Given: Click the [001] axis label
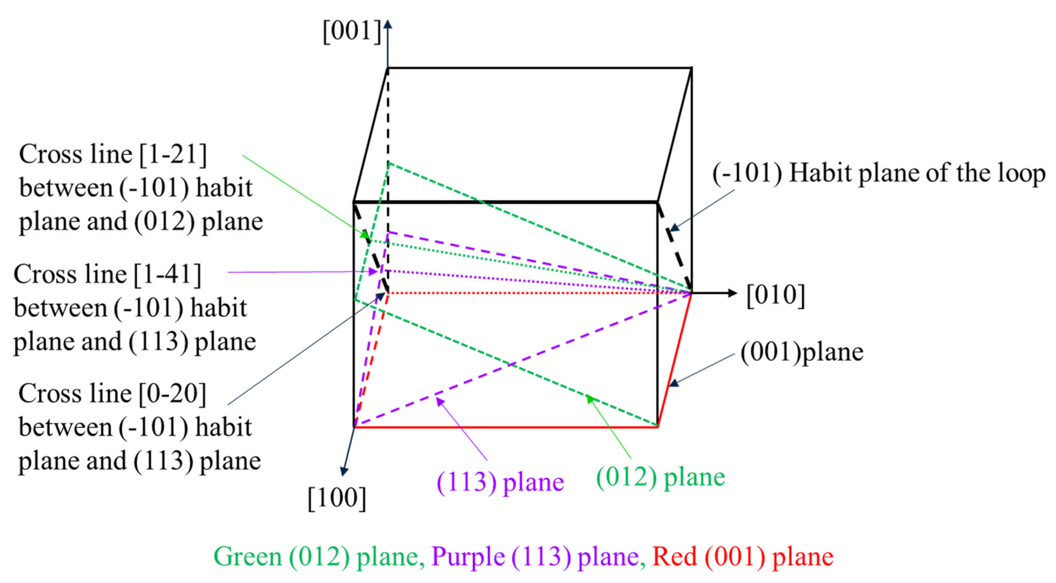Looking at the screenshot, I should coord(352,31).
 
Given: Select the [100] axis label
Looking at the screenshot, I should coord(337,498).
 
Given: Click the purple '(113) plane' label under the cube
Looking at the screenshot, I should coord(500,482).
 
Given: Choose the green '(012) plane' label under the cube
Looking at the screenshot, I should coord(660,477).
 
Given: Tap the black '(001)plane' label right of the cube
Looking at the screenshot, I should coord(801,352).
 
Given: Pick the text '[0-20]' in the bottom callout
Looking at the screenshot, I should coord(172,394).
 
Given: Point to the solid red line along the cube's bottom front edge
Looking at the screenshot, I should coord(504,427).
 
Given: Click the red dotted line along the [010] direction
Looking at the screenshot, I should coord(533,293).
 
